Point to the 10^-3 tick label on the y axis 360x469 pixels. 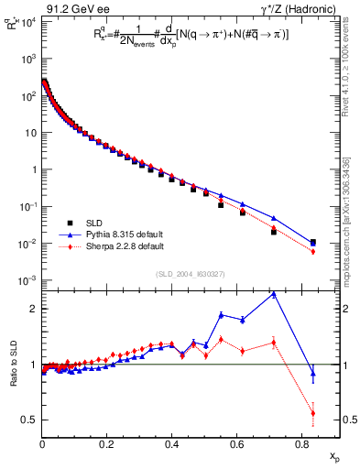[x=27, y=280]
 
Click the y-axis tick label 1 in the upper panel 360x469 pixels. [x=33, y=169]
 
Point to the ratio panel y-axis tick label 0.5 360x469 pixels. [x=29, y=420]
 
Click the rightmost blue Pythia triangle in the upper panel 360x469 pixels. [x=313, y=243]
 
